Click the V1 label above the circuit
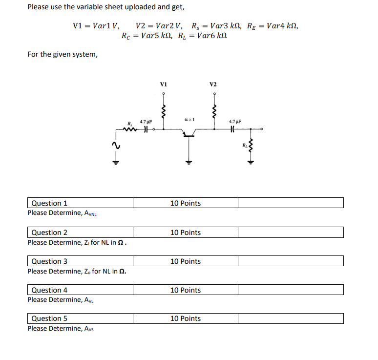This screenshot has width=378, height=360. pos(164,84)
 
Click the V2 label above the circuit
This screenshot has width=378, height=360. pos(213,84)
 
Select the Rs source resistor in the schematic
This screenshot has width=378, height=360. pos(129,129)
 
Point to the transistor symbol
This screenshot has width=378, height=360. pos(188,133)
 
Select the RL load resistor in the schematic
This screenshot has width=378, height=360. pos(251,145)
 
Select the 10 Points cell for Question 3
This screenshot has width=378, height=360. pos(185,261)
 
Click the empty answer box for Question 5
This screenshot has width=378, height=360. pos(291,318)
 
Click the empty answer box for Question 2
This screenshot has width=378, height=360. pos(291,233)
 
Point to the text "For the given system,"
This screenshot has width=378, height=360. pos(63,54)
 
